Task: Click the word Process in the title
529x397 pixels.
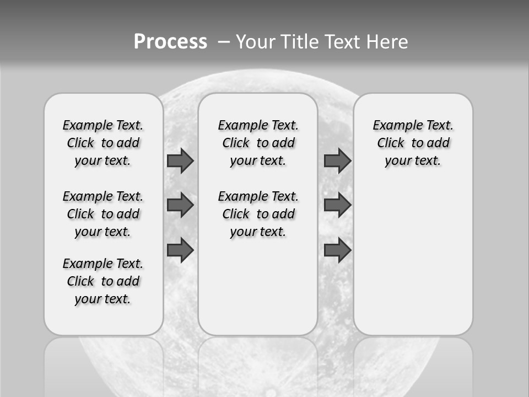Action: point(170,41)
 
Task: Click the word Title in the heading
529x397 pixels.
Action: point(300,41)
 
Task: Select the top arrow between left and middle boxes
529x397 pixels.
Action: point(180,161)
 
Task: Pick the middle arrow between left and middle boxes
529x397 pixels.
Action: point(180,206)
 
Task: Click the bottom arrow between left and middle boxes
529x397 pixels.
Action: point(180,250)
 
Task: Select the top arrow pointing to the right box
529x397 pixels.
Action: point(337,161)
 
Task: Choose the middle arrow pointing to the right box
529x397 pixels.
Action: point(337,206)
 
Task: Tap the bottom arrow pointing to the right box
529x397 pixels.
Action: point(337,250)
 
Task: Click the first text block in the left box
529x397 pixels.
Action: point(103,143)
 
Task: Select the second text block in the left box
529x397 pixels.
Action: point(103,214)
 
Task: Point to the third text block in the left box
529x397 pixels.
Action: point(103,281)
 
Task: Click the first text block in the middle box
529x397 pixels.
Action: point(258,143)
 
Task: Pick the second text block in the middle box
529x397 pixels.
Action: point(258,214)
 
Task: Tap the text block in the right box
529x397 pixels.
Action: point(413,143)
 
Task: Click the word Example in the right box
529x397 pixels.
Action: point(393,126)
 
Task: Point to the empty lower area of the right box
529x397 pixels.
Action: point(413,259)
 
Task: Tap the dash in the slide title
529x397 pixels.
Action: point(224,41)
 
